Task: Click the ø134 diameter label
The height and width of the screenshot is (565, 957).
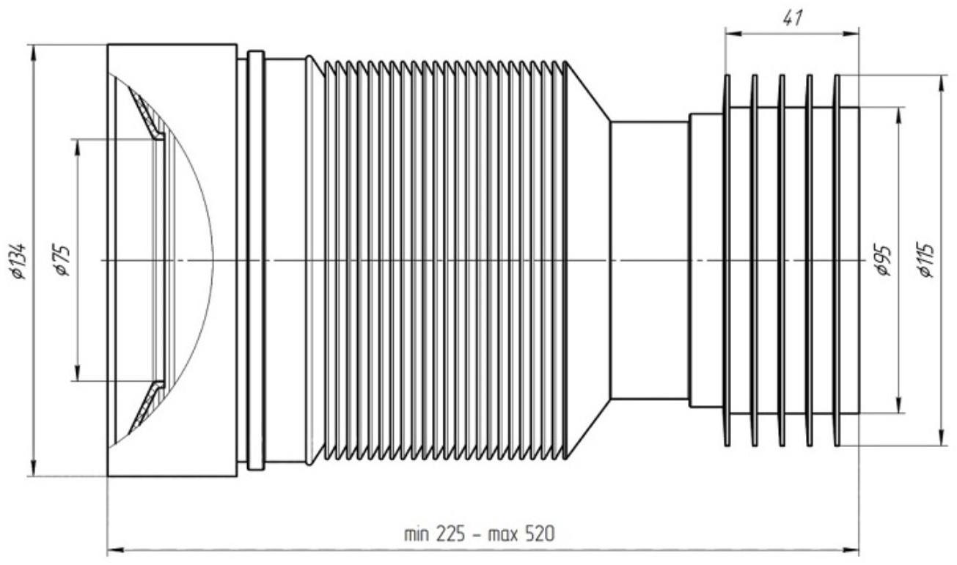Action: click(20, 261)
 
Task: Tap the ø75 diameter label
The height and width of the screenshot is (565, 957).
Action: click(62, 260)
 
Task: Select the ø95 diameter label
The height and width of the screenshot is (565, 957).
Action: click(881, 261)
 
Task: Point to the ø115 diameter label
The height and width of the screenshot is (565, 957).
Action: click(927, 261)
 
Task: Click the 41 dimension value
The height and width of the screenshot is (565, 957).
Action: click(793, 18)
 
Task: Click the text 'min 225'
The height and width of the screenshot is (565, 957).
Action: click(434, 533)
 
